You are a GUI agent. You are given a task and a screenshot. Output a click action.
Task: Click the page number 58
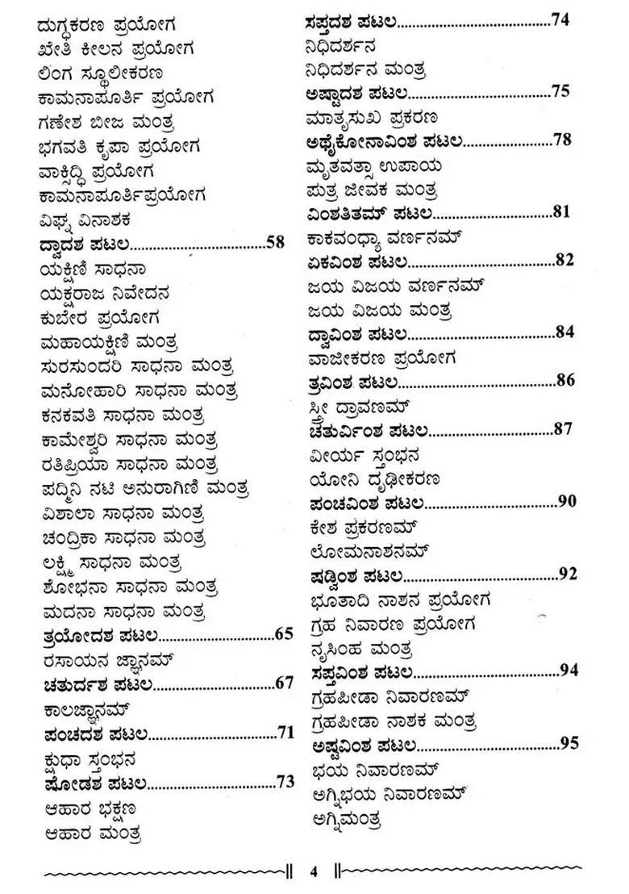(x=276, y=241)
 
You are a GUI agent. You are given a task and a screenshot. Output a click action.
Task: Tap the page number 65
(x=284, y=633)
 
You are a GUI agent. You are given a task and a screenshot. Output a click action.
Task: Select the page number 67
(x=284, y=683)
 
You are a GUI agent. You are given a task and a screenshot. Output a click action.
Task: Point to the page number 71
(x=284, y=733)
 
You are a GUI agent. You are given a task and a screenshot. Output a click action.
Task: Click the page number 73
(x=284, y=781)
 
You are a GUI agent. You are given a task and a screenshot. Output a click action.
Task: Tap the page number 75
(x=561, y=90)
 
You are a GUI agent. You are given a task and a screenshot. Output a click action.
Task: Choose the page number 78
(x=562, y=140)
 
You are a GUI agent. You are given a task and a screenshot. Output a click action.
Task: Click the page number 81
(x=562, y=212)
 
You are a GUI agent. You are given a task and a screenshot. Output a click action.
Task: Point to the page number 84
(x=564, y=332)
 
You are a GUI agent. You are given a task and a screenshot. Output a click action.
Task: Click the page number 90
(x=567, y=501)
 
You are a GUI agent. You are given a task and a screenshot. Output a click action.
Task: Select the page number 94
(x=569, y=670)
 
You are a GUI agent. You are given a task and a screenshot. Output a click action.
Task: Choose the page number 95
(x=569, y=743)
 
